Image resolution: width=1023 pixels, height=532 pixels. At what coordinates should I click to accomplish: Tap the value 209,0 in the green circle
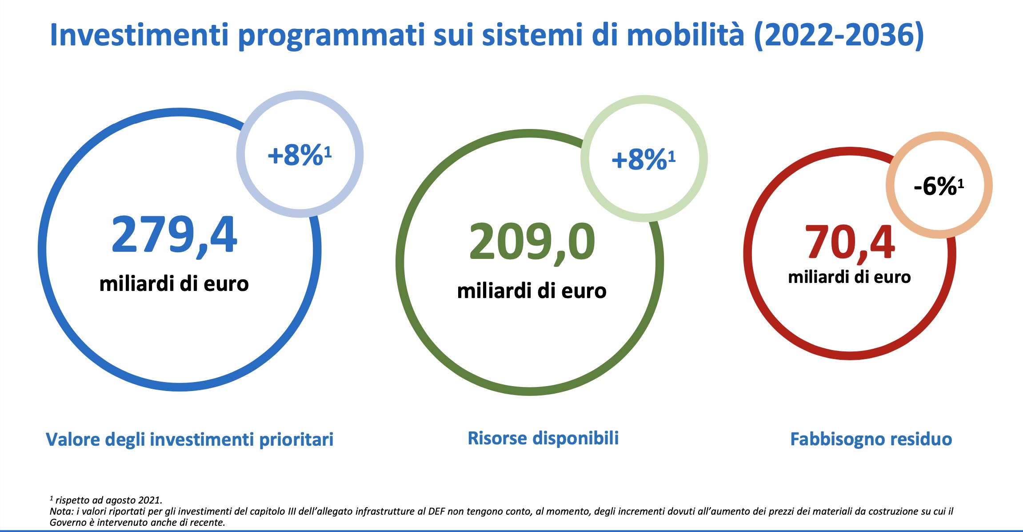pos(532,243)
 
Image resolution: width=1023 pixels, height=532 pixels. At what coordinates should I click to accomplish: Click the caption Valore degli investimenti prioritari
pos(190,439)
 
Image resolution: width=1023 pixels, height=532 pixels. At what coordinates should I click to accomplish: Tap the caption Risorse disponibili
pos(543,438)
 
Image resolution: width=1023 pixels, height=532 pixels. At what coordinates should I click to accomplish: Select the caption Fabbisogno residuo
pos(871,439)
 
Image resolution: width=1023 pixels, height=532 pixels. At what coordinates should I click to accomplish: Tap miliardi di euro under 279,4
pos(174,284)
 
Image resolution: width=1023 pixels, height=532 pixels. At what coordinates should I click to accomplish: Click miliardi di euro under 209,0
pos(532,291)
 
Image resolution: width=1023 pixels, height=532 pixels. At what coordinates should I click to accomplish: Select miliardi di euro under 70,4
pos(850,277)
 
